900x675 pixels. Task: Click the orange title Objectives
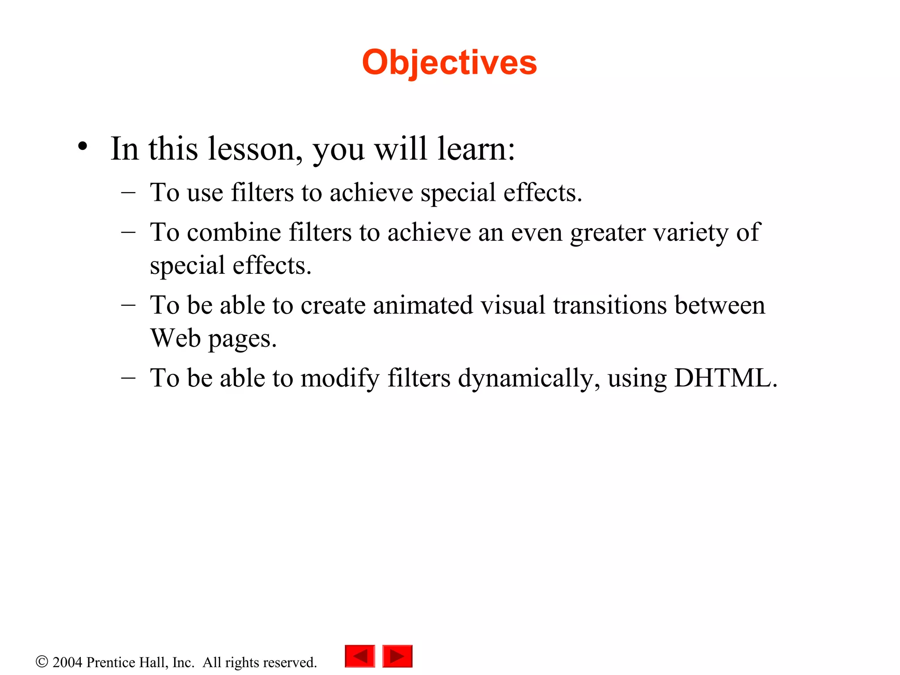pyautogui.click(x=449, y=62)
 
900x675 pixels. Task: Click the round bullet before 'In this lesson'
pyautogui.click(x=82, y=147)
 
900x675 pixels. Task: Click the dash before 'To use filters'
pyautogui.click(x=128, y=192)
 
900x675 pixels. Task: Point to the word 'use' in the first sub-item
pyautogui.click(x=205, y=193)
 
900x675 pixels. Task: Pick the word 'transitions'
pyautogui.click(x=610, y=305)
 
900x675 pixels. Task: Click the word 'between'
pyautogui.click(x=720, y=305)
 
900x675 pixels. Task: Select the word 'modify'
pyautogui.click(x=340, y=378)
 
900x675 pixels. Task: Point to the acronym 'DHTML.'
pyautogui.click(x=726, y=377)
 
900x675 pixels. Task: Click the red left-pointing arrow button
pyautogui.click(x=360, y=656)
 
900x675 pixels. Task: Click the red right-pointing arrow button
pyautogui.click(x=397, y=656)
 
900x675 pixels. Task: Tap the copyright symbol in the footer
pyautogui.click(x=42, y=662)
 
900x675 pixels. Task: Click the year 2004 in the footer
pyautogui.click(x=67, y=662)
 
